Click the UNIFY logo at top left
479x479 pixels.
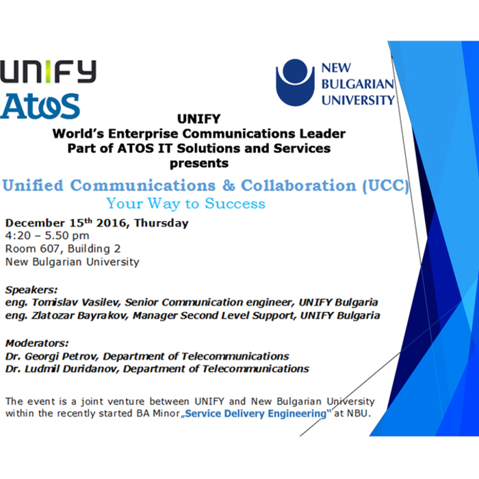(48, 72)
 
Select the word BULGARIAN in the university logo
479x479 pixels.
(358, 84)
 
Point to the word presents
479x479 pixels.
(198, 163)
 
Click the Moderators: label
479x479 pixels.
(37, 343)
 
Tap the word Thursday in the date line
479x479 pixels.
(161, 223)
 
